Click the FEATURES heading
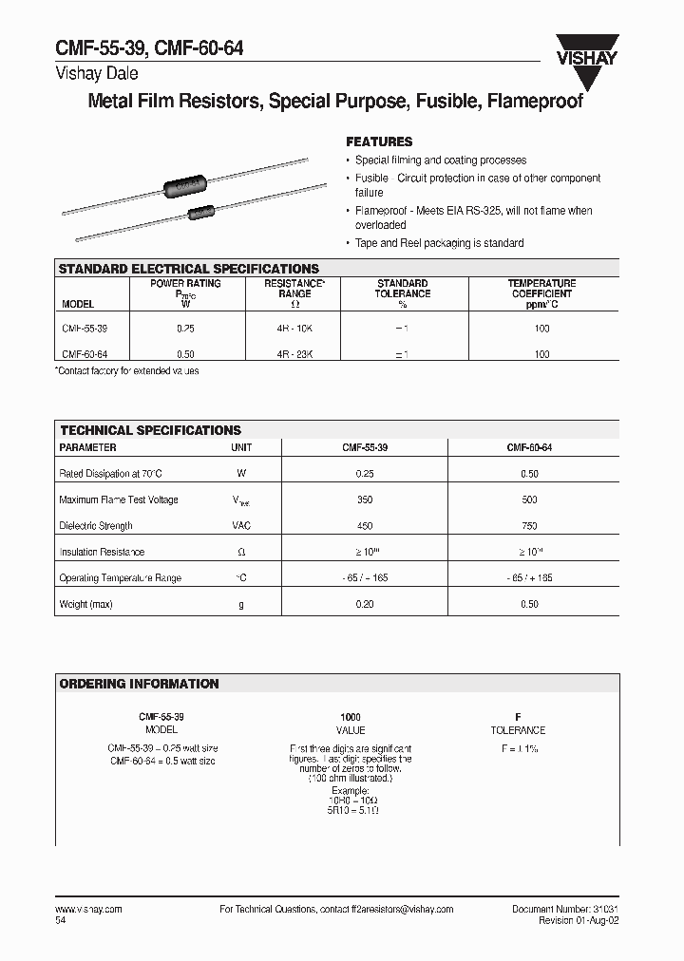(x=379, y=141)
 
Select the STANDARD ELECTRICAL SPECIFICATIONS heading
(x=189, y=269)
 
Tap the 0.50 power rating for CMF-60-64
(x=186, y=354)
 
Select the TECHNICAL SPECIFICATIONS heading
(x=150, y=430)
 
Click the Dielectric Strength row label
(x=96, y=525)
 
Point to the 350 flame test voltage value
(x=365, y=499)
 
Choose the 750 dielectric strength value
(x=529, y=525)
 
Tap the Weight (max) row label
(x=85, y=604)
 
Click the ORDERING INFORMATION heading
(x=139, y=684)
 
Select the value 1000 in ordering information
(x=351, y=717)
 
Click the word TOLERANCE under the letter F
(x=518, y=730)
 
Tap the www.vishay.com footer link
(x=89, y=909)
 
